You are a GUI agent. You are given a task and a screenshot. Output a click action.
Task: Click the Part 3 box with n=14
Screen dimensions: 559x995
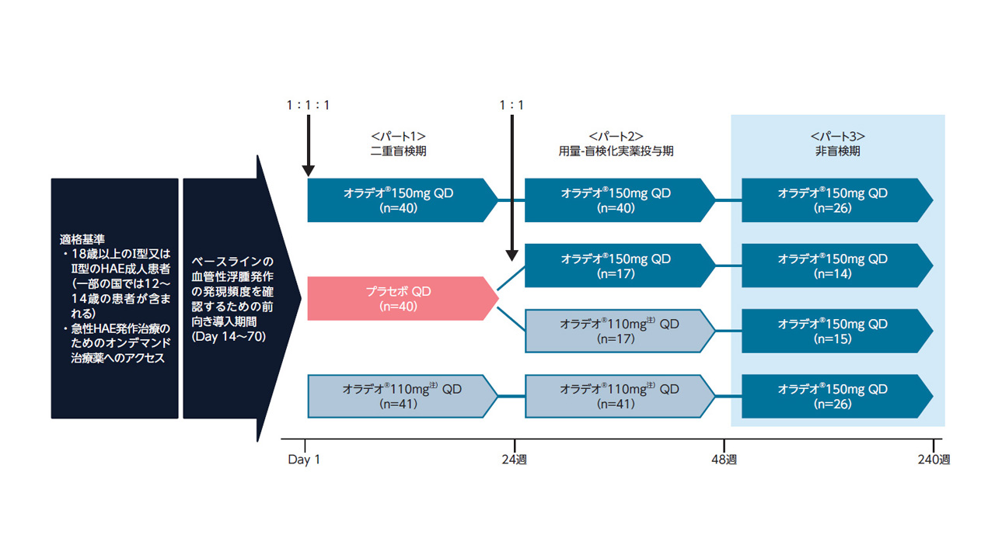click(833, 266)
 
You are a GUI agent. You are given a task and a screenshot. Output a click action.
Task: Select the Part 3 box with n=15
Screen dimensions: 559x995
click(833, 332)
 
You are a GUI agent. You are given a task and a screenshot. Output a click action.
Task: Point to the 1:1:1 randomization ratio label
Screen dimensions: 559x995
click(308, 105)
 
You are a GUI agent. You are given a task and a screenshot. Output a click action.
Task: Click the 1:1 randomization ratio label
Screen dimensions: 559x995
click(512, 105)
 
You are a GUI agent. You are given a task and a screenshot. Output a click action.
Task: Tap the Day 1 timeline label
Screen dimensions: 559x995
click(304, 460)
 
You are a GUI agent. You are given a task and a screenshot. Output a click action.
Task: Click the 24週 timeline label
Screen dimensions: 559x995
click(514, 460)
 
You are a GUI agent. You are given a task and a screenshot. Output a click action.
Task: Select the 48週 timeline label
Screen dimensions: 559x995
click(724, 460)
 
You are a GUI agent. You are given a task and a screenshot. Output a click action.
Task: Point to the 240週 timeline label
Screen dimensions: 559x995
click(934, 460)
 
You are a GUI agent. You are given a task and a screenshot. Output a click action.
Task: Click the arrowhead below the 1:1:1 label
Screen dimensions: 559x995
click(309, 170)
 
